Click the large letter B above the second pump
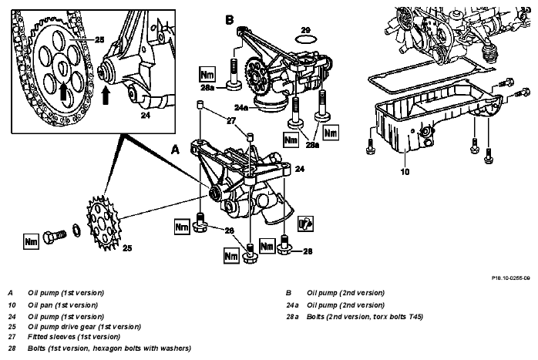point(230,19)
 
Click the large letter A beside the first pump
point(175,150)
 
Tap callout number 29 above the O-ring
point(305,30)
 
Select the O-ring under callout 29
point(305,39)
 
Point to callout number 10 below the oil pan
point(405,171)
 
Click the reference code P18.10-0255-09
point(510,278)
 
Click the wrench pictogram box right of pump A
point(305,224)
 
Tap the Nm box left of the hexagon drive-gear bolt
point(32,241)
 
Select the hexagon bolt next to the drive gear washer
point(55,237)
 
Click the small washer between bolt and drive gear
point(77,230)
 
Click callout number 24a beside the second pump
point(240,108)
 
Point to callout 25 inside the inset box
point(99,40)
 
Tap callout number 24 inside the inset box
point(146,116)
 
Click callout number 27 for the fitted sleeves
point(231,121)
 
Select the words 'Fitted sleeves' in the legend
point(51,337)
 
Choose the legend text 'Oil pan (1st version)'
point(62,305)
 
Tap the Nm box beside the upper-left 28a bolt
point(207,75)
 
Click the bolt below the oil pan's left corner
point(370,146)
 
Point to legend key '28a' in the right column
point(292,317)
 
